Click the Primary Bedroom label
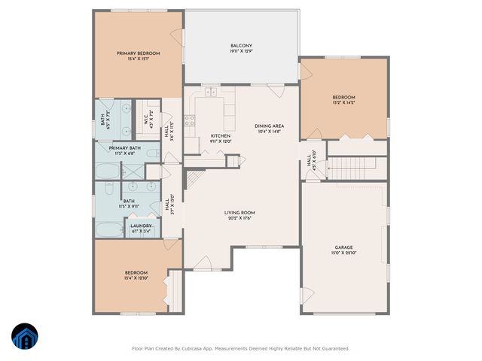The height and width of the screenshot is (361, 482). [x=139, y=53]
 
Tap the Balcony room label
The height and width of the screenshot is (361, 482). [x=241, y=46]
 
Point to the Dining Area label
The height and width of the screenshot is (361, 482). [x=268, y=126]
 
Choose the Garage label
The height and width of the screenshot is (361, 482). [x=344, y=247]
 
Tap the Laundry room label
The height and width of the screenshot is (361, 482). [x=142, y=226]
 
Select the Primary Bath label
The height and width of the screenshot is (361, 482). [x=124, y=148]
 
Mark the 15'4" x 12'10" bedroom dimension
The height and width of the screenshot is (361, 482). [x=136, y=278]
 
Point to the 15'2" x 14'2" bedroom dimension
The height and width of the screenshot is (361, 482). [x=343, y=102]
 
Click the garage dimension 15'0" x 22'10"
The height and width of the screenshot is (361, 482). [x=344, y=253]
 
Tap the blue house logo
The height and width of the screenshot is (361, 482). [x=26, y=338]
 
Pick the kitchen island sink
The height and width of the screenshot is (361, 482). [x=212, y=94]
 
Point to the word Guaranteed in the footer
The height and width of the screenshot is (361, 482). [x=334, y=348]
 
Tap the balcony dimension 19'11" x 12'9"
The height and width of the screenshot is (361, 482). [x=241, y=52]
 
